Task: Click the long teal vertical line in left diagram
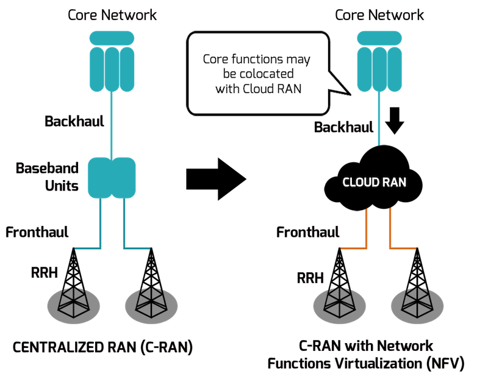[111, 125]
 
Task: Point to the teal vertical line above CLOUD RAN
[379, 119]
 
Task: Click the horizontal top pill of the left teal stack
[112, 37]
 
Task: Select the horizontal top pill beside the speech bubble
[379, 37]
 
